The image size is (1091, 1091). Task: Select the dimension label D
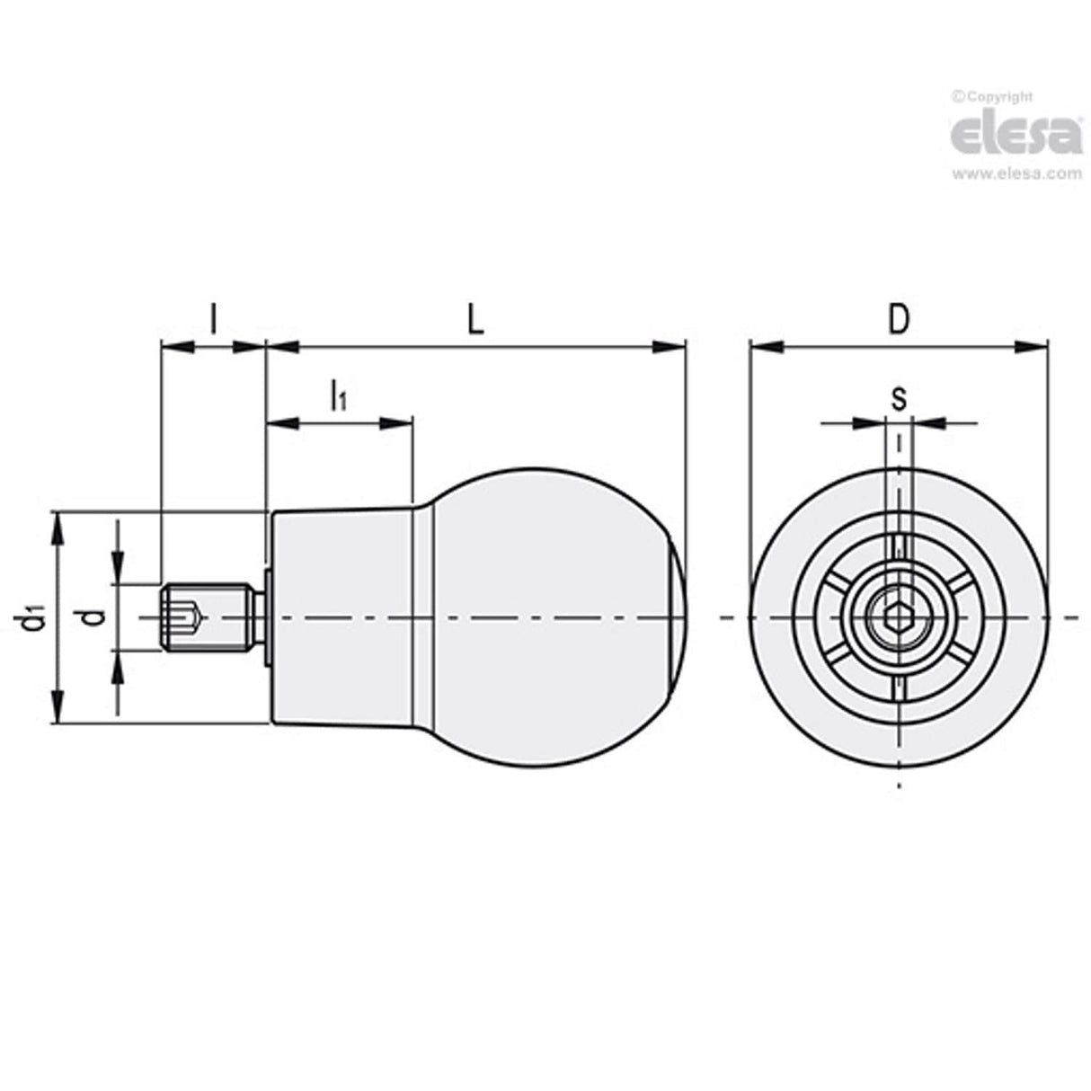[x=898, y=319]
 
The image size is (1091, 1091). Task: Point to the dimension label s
[x=898, y=398]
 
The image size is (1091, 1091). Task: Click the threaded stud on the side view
[x=205, y=617]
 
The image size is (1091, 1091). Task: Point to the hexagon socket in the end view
[x=898, y=617]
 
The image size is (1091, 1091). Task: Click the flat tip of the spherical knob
[x=680, y=617]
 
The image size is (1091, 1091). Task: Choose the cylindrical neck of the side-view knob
[x=341, y=617]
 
